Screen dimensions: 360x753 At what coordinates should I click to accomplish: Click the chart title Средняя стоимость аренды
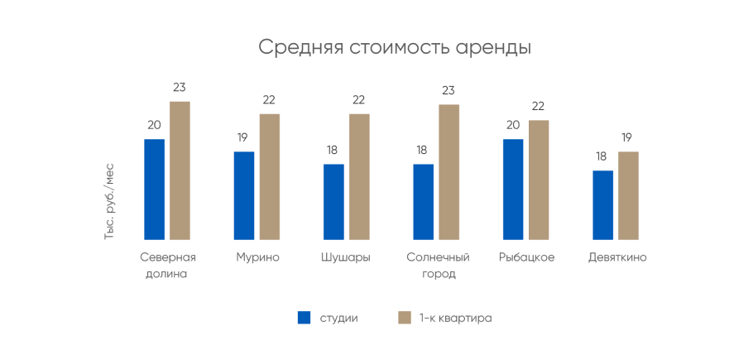pos(394,46)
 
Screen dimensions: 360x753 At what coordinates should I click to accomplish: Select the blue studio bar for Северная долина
pos(154,190)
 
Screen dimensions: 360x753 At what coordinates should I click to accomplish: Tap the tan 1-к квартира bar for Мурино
pos(270,177)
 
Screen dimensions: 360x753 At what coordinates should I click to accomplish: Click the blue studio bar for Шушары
pos(333,202)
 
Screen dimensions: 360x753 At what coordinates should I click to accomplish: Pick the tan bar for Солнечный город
pos(449,172)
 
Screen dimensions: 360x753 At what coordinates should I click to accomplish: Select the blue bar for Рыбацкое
pos(513,190)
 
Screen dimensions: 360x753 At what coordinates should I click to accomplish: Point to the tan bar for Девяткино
pos(629,196)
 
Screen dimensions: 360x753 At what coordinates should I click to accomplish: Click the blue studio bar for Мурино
pos(244,196)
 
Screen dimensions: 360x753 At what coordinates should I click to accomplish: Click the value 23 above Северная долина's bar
pos(180,87)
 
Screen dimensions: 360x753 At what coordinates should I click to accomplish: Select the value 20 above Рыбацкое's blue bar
pos(513,125)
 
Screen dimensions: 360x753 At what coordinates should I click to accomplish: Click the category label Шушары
pos(346,257)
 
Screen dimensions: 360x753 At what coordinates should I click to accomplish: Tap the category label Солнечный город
pos(438,266)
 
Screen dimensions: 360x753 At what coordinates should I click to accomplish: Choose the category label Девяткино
pos(616,257)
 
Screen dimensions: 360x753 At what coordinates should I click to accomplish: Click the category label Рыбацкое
pos(526,257)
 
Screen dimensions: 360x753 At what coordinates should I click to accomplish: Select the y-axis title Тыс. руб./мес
pos(109,201)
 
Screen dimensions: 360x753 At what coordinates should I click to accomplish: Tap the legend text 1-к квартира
pos(455,318)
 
